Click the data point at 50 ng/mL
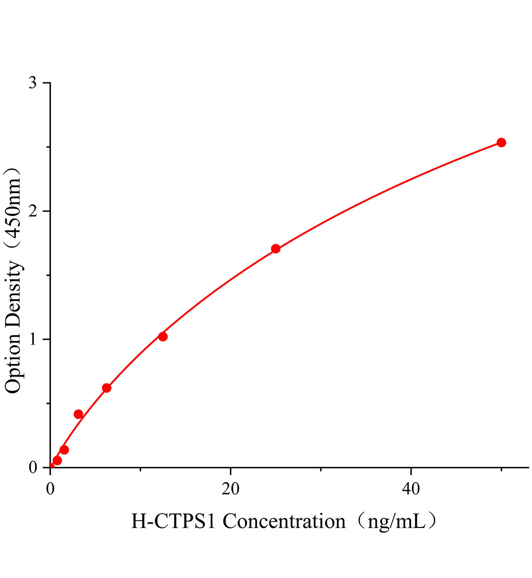coord(501,142)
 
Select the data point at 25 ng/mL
coord(276,249)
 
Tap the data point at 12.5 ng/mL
coord(163,337)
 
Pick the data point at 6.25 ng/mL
coord(106,388)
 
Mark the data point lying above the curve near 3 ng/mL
coord(79,414)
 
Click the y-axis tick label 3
coord(33,83)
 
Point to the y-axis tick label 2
coord(33,211)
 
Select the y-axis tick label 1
coord(33,339)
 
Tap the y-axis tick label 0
coord(33,467)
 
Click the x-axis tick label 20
coord(230,488)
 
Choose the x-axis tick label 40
coord(411,488)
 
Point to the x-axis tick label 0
coord(51,488)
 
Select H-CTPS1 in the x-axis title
coord(174,521)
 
